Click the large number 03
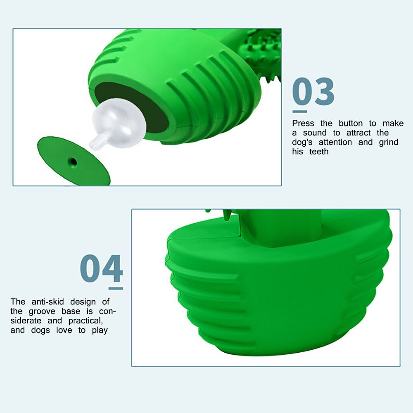coord(313,91)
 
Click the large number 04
coord(102,268)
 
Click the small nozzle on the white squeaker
coord(96,141)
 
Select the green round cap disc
coord(74,161)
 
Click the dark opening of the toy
coord(131,105)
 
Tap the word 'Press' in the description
coord(303,123)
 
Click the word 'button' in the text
coord(351,123)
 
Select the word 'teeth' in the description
coord(319,152)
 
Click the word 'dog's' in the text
coord(302,142)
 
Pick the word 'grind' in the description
coord(389,142)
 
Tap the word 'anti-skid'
coord(47,301)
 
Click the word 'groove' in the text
coord(42,311)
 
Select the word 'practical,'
coord(85,321)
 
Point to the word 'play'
coord(100,330)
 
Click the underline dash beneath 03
coord(299,112)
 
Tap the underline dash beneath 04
coord(116,289)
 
